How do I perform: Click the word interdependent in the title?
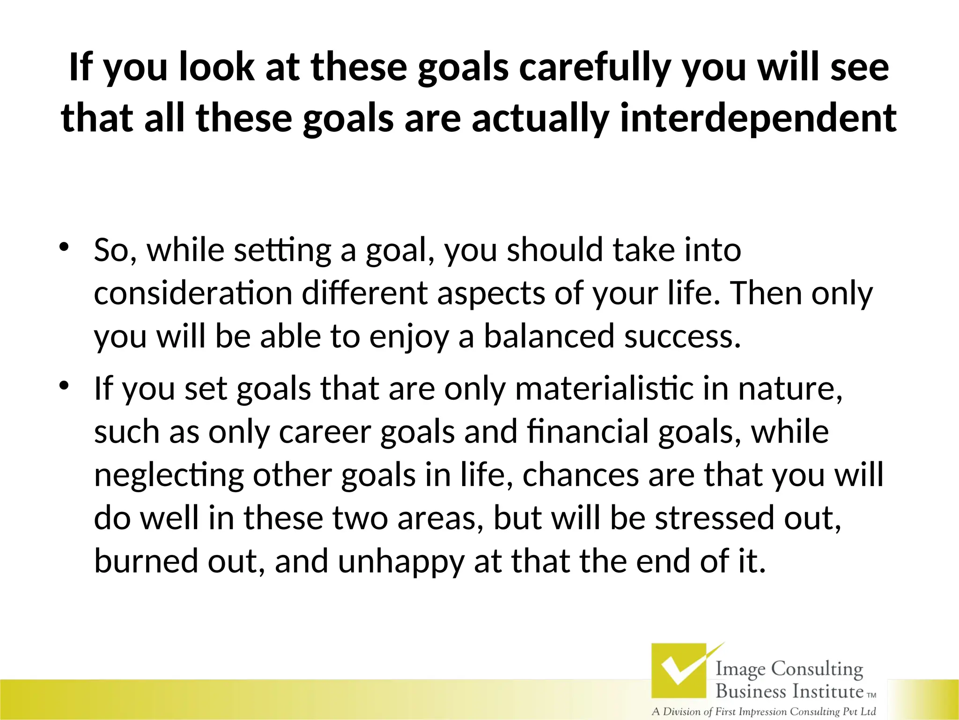pyautogui.click(x=758, y=118)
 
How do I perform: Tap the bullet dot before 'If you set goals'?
pyautogui.click(x=64, y=385)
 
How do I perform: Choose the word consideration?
pyautogui.click(x=193, y=293)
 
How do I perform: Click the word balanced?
pyautogui.click(x=548, y=337)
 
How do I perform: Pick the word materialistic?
pyautogui.click(x=604, y=389)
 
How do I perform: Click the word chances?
pyautogui.click(x=580, y=475)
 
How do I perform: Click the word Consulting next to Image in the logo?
pyautogui.click(x=817, y=669)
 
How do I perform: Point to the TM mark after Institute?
pyautogui.click(x=871, y=696)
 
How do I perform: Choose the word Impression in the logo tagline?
pyautogui.click(x=760, y=712)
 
